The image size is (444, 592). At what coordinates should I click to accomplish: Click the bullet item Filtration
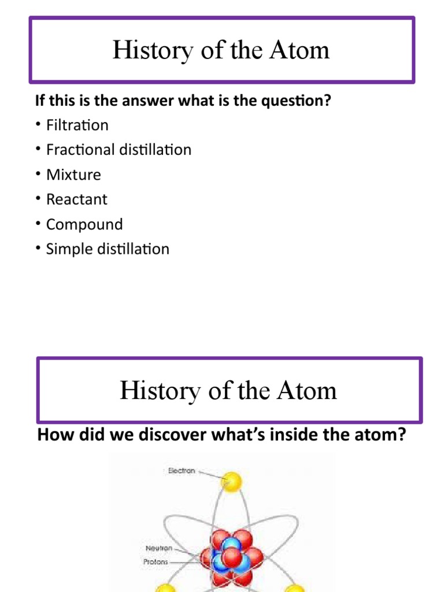(77, 125)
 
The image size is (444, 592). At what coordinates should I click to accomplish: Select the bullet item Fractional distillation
(119, 150)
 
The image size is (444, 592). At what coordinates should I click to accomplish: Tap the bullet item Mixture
(73, 175)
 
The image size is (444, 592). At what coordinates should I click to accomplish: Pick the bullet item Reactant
(76, 199)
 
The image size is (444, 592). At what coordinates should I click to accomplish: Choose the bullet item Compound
(84, 224)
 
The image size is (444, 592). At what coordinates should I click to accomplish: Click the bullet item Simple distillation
(108, 249)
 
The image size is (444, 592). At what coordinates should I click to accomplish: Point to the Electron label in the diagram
(181, 471)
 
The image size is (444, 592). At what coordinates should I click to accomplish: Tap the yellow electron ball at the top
(231, 481)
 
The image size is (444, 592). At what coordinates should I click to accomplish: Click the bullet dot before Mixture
(38, 175)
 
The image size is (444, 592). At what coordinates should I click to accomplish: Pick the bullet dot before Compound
(38, 224)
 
